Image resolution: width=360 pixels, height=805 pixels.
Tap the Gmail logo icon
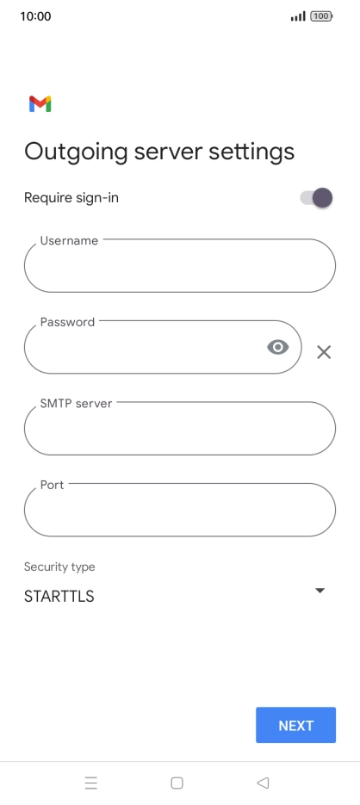[40, 103]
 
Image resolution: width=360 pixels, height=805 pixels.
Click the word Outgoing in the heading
[76, 152]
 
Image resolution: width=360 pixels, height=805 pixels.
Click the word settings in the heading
[251, 152]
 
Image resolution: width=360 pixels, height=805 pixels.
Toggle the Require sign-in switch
[316, 198]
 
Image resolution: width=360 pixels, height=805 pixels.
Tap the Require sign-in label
[71, 198]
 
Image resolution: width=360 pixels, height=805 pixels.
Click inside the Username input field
[180, 265]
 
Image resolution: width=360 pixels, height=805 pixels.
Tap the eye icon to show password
[278, 347]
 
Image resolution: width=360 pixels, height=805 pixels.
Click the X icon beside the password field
[324, 352]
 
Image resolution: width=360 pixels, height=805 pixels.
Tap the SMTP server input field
[180, 428]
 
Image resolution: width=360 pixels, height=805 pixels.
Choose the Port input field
[180, 510]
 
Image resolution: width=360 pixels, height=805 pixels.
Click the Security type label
[59, 567]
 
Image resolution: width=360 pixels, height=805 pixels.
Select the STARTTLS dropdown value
[59, 597]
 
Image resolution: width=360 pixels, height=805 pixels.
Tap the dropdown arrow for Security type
[320, 591]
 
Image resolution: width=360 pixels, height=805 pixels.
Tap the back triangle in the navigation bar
[263, 783]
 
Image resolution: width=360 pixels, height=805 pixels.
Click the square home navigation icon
[177, 783]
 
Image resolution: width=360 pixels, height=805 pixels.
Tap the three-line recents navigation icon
[91, 783]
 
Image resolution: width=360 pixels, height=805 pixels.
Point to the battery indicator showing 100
[321, 15]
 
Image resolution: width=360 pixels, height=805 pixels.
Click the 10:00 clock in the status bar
[35, 16]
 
